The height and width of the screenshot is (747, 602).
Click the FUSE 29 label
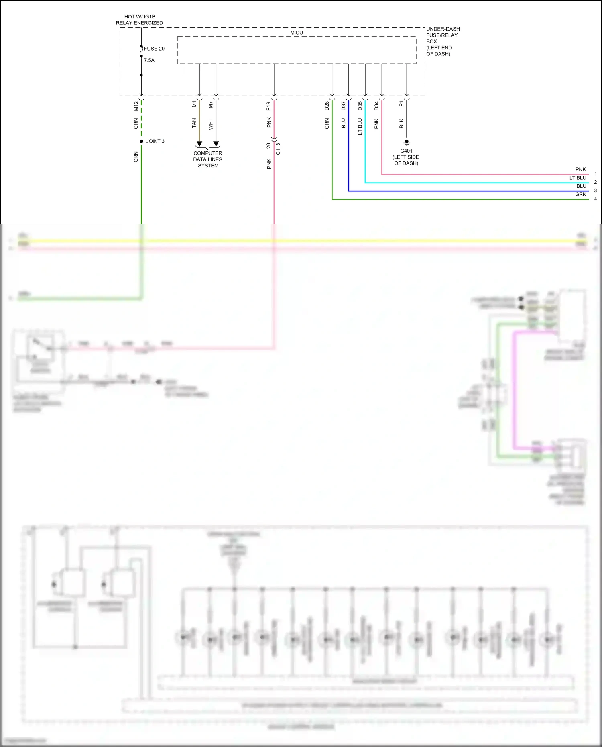tap(154, 49)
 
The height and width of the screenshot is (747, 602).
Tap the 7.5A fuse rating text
tap(149, 60)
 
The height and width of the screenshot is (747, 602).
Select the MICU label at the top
tap(297, 33)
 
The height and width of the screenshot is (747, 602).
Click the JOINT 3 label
tap(155, 141)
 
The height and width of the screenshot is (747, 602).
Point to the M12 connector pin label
tap(136, 106)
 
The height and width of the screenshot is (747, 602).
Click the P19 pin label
tap(268, 106)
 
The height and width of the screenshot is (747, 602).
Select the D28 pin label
tap(327, 106)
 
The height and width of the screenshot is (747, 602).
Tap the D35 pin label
tap(360, 106)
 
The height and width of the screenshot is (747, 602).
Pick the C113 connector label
tap(278, 149)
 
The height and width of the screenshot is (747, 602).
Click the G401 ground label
tap(406, 151)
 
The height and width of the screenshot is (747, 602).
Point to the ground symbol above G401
tap(407, 142)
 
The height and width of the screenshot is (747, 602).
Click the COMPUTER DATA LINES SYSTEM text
tap(207, 159)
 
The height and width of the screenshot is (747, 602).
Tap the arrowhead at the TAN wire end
tap(199, 144)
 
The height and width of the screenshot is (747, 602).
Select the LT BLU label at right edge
tap(578, 178)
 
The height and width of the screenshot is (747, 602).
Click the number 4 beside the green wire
tap(595, 199)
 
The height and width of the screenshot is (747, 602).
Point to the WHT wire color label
tap(211, 124)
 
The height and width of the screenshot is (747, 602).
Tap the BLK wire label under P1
tap(401, 123)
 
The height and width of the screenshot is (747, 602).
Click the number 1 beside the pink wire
tap(595, 174)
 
